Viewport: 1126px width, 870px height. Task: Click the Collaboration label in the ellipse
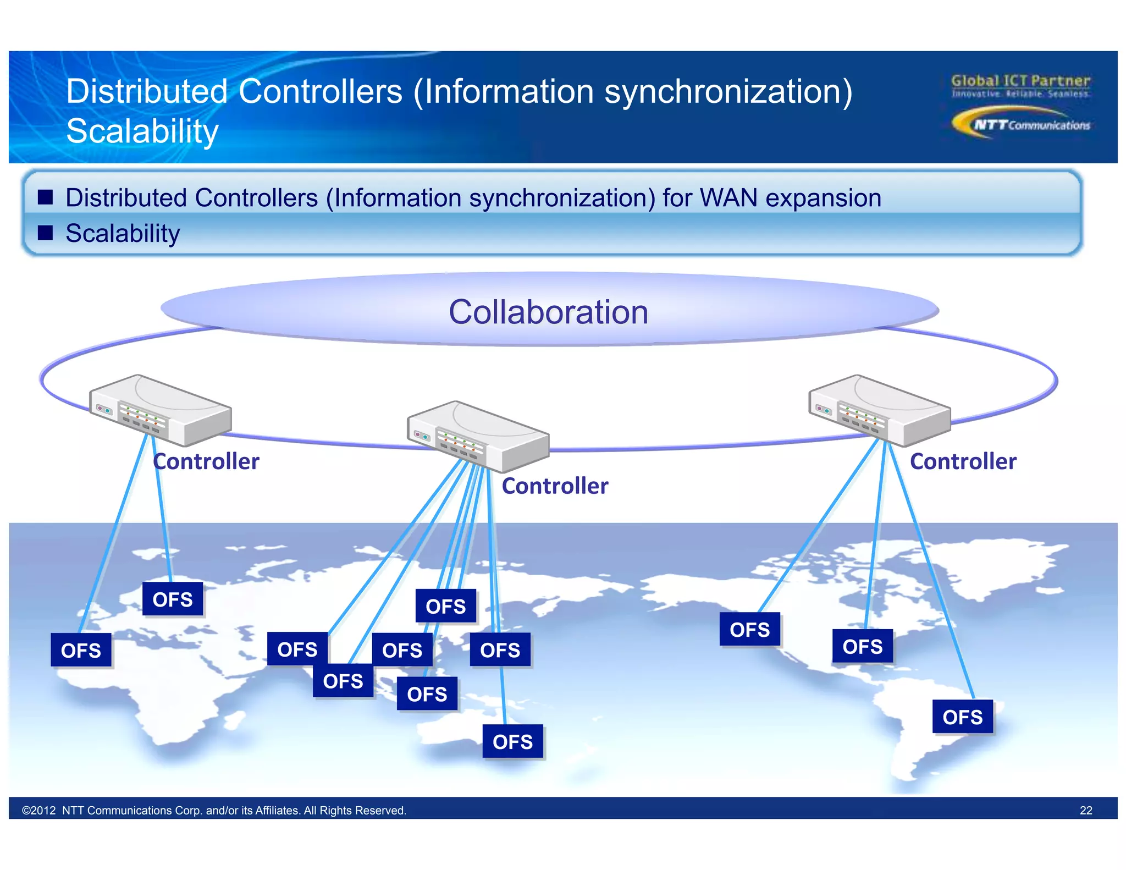click(x=548, y=312)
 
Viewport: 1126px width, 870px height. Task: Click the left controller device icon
click(x=160, y=410)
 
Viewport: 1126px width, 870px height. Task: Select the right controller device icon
click(x=879, y=410)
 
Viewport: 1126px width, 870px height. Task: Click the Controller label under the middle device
click(x=555, y=486)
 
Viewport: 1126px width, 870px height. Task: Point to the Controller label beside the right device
click(x=963, y=461)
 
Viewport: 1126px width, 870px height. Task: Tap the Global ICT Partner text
click(x=1020, y=81)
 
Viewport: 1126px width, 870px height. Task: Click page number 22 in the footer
click(x=1085, y=810)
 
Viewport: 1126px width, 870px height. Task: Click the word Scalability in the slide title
click(x=142, y=131)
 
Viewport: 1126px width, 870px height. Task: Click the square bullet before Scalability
click(x=45, y=233)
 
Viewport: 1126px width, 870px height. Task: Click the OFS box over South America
click(x=962, y=717)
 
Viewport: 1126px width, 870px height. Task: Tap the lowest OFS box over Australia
click(x=512, y=741)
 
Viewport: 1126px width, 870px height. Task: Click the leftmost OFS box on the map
click(x=81, y=650)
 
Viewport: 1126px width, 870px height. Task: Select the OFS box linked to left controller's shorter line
click(x=173, y=599)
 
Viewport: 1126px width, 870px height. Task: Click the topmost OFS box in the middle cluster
click(x=445, y=606)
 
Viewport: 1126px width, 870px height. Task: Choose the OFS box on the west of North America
click(x=749, y=629)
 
